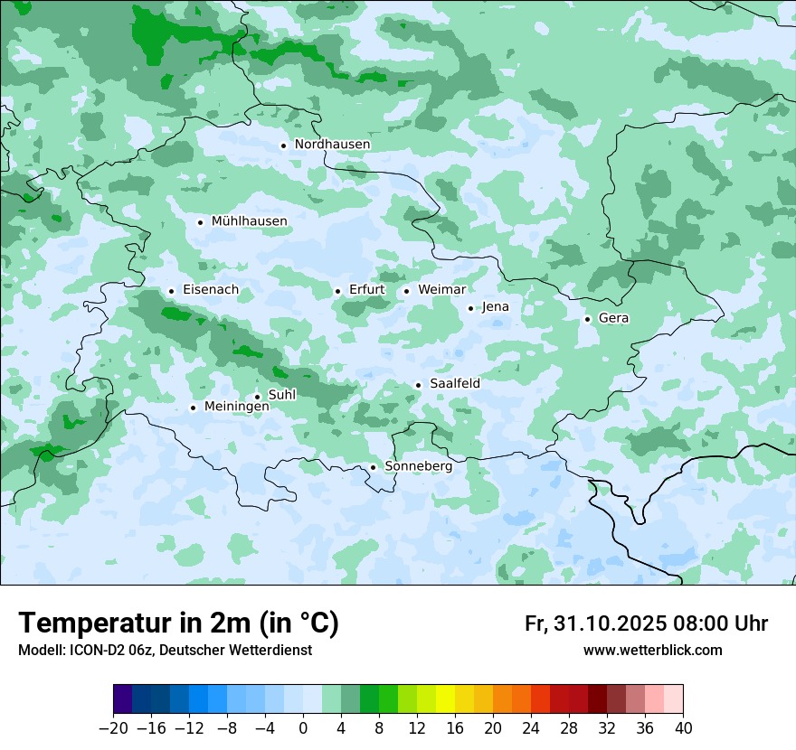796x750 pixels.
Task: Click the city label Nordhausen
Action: [x=332, y=145]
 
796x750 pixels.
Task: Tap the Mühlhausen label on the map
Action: [x=249, y=221]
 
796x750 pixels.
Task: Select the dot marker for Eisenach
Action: [x=171, y=291]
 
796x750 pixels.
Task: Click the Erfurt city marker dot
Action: [x=337, y=291]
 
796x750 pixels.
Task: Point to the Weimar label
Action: [x=441, y=290]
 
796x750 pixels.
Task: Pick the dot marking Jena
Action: [x=470, y=308]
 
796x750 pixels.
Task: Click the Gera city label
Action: [x=613, y=318]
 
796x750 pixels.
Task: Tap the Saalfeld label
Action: [x=454, y=384]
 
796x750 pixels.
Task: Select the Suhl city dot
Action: [x=257, y=396]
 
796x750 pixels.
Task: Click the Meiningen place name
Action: [x=236, y=407]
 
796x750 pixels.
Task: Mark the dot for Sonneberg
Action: [x=373, y=467]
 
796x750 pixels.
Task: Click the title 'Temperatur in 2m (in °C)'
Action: [x=179, y=623]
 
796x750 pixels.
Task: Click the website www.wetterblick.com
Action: [x=652, y=651]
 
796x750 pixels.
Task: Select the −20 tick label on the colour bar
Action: [x=114, y=728]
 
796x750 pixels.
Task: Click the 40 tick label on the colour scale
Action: [x=683, y=728]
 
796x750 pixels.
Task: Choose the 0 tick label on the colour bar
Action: [x=303, y=728]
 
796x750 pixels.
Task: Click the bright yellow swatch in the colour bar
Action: [x=445, y=699]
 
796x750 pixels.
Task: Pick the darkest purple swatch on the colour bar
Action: [x=123, y=699]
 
